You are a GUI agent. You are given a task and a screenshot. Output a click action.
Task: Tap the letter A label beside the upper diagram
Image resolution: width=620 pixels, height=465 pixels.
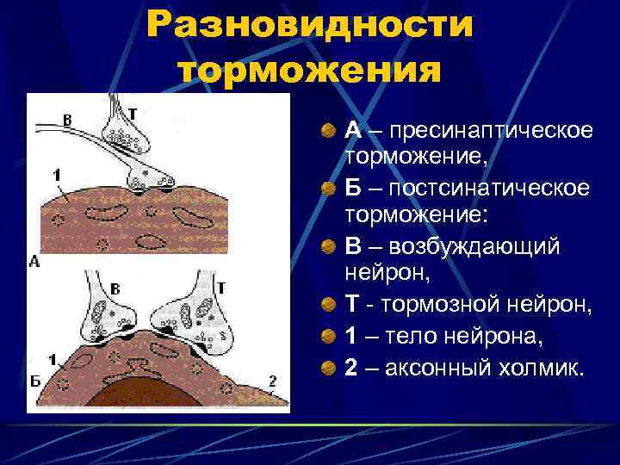[34, 260]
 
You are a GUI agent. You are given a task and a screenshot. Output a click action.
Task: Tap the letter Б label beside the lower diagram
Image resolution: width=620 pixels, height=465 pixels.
[34, 381]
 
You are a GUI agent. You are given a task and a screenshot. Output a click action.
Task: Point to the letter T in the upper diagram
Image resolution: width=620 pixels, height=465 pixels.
[133, 113]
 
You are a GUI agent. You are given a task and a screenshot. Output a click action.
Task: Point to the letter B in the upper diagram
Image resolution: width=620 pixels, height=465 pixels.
[67, 119]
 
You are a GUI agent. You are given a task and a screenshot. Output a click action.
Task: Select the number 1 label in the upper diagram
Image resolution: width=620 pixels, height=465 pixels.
[56, 176]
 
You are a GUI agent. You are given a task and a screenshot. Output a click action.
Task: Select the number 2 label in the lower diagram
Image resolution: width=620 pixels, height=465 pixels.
[272, 380]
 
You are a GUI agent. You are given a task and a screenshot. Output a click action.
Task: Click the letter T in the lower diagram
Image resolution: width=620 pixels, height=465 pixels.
[220, 288]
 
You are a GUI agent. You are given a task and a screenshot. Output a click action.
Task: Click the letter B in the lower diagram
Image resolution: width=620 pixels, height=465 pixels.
[115, 288]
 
